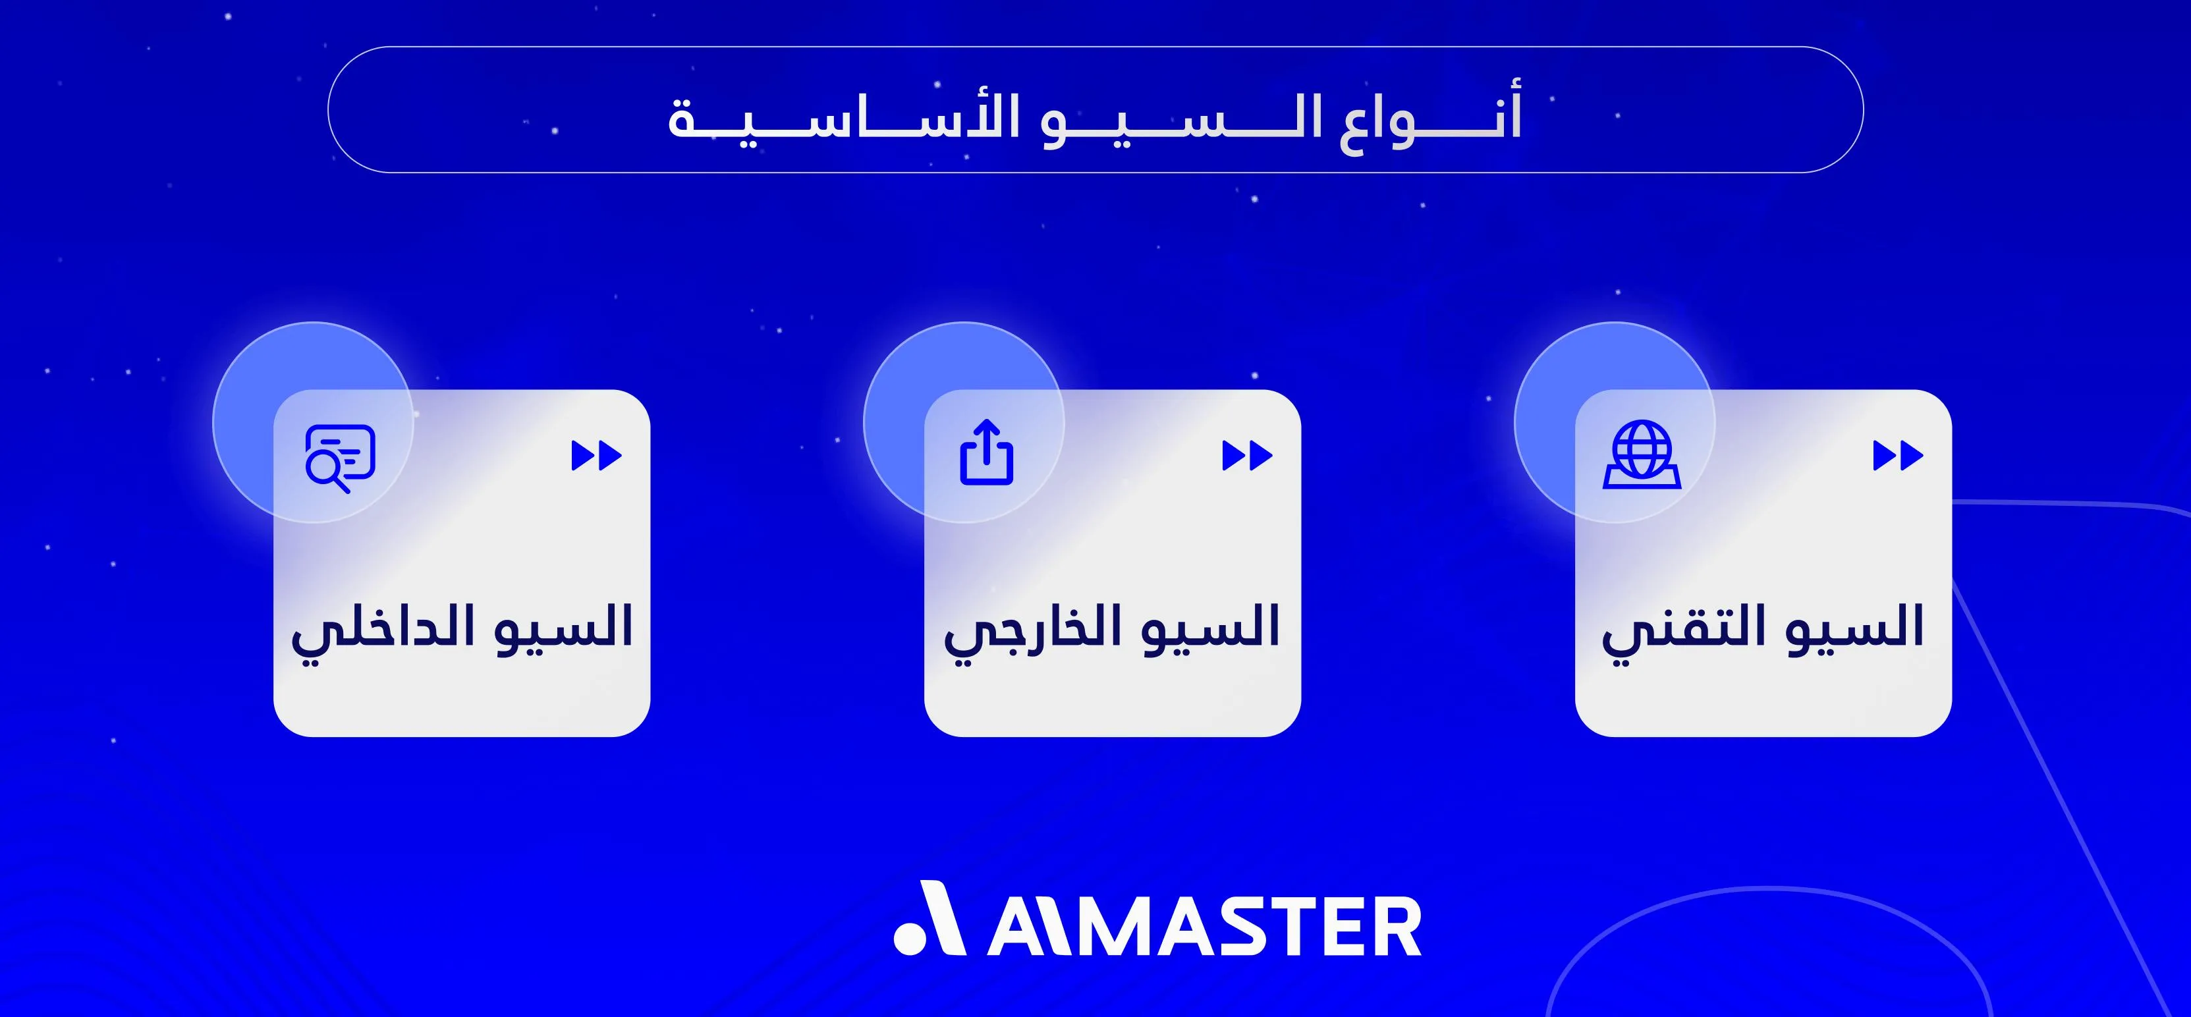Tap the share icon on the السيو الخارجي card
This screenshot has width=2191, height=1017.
click(987, 453)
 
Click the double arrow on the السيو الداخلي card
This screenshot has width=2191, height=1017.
click(596, 456)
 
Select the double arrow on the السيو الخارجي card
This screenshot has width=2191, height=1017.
click(1247, 456)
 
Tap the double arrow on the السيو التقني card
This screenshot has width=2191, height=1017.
click(1898, 456)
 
